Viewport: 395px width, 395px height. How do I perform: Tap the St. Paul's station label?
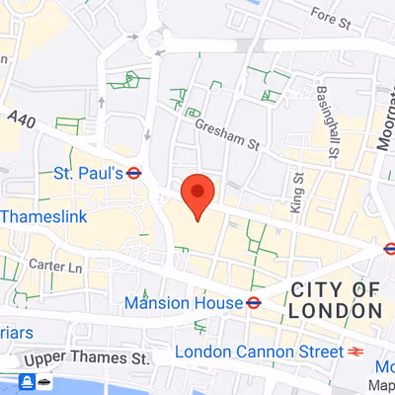(88, 173)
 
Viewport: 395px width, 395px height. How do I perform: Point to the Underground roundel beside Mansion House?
(254, 302)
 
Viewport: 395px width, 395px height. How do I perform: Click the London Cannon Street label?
(258, 352)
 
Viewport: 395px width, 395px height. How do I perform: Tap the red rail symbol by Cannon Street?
(356, 352)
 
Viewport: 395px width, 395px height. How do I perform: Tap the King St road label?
(297, 193)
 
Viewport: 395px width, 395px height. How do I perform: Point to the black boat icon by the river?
(45, 381)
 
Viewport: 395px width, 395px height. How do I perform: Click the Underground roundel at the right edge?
(389, 249)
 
